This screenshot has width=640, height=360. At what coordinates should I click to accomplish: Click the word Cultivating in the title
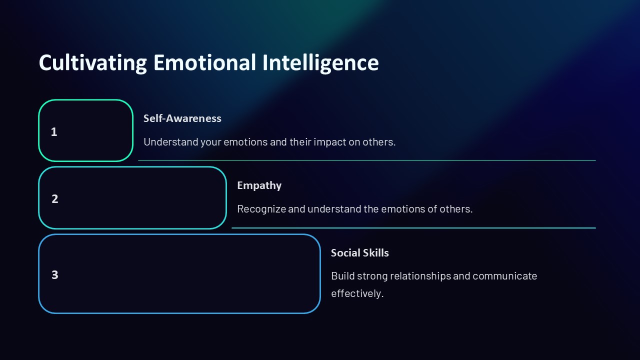click(x=92, y=63)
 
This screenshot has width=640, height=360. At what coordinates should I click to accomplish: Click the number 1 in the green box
click(x=54, y=132)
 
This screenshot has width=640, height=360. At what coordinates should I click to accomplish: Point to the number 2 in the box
click(x=55, y=199)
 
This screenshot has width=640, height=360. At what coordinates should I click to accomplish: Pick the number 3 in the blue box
click(x=55, y=275)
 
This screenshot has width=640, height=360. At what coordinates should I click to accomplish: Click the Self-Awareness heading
click(x=182, y=118)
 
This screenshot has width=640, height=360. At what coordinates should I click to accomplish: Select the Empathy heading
click(x=259, y=185)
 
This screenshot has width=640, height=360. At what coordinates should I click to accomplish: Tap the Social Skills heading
click(x=359, y=253)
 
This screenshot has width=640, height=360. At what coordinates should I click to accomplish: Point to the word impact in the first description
click(x=329, y=142)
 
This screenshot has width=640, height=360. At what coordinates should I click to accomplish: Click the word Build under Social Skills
click(x=342, y=276)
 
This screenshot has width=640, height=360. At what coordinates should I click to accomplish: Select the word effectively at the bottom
click(x=357, y=293)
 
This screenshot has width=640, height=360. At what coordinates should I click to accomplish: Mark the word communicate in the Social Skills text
click(x=504, y=276)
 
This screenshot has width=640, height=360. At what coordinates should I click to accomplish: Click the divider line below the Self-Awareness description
click(x=366, y=161)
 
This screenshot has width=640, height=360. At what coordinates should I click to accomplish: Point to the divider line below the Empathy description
click(x=413, y=228)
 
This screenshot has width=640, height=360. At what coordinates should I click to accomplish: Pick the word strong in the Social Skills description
click(x=372, y=276)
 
